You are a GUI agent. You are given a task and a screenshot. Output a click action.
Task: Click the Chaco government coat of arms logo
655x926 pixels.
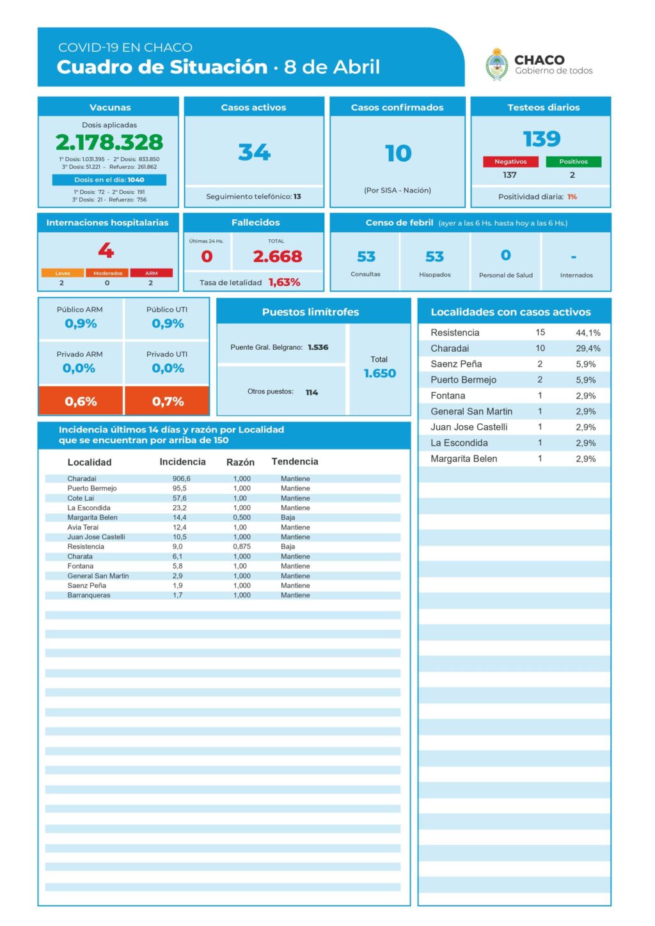point(496,65)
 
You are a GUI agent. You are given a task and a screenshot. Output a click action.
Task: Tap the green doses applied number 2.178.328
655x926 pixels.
point(109,142)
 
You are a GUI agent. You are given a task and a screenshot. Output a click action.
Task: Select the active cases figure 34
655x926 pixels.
point(254,152)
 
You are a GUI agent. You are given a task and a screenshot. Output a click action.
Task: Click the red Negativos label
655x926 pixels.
point(510,162)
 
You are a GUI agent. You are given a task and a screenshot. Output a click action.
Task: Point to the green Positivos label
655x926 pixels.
point(573,162)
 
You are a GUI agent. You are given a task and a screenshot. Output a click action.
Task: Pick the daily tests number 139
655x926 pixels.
point(542,139)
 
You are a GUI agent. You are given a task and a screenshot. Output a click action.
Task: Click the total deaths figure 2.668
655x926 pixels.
point(277,256)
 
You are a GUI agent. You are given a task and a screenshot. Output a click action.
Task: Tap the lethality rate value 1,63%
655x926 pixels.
point(284,282)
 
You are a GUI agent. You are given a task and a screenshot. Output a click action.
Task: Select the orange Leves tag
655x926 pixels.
point(63,273)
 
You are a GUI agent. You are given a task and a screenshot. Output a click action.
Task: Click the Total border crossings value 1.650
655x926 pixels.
point(379,373)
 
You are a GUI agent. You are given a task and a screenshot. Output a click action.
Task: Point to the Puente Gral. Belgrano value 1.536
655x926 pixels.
point(318,347)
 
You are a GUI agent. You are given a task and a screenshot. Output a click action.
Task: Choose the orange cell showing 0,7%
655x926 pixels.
point(168,402)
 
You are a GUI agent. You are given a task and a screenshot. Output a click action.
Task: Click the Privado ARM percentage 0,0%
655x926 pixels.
point(79,368)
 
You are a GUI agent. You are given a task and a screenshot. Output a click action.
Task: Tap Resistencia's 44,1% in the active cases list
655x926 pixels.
point(588,333)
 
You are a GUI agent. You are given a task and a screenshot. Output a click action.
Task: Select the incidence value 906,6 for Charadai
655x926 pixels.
point(181,478)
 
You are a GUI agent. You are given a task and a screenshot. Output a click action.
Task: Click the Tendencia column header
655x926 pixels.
point(294,462)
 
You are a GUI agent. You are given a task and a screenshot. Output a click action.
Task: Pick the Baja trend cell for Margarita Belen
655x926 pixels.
point(288,517)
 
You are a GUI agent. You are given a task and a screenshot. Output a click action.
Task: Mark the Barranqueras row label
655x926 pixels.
point(89,595)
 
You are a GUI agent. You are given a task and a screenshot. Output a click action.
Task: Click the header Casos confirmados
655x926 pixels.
point(397,107)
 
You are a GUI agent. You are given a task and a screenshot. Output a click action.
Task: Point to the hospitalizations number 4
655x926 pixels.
point(106,250)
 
